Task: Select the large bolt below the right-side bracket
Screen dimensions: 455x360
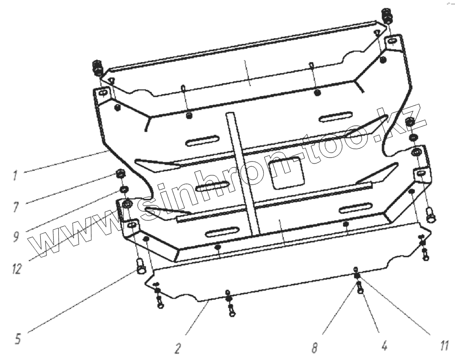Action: (x=430, y=216)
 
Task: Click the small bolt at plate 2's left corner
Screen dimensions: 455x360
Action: (x=159, y=302)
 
